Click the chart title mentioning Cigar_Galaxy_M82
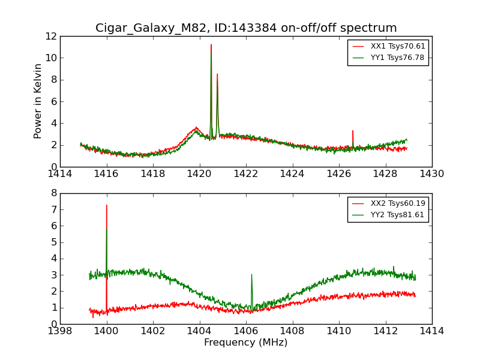246,28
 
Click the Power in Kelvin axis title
38,101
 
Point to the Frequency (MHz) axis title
246,343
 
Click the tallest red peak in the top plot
211,44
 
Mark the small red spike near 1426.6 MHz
353,131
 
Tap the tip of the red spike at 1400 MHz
107,205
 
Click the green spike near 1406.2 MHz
251,275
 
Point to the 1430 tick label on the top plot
431,174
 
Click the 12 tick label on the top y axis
50,36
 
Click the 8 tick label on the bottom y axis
53,193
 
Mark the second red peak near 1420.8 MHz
217,74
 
